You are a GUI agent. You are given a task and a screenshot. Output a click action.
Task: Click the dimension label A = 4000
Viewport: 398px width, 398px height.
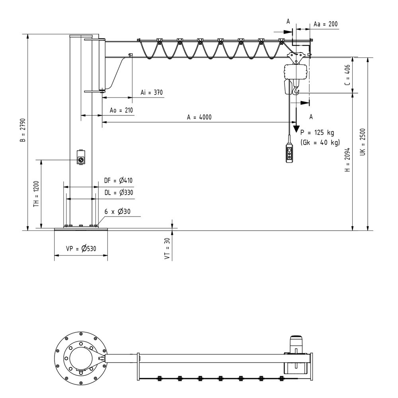pyautogui.click(x=199, y=117)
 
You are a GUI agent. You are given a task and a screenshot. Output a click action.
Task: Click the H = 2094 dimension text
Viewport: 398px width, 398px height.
pyautogui.click(x=347, y=160)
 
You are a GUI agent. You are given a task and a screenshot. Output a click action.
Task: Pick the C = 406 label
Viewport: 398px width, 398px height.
pyautogui.click(x=347, y=75)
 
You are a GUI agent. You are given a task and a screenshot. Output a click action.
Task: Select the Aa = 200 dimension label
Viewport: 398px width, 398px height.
pyautogui.click(x=325, y=24)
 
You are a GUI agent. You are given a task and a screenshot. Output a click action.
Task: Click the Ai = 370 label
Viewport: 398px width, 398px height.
pyautogui.click(x=152, y=92)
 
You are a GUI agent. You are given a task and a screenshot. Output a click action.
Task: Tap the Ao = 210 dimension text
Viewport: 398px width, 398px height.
pyautogui.click(x=121, y=110)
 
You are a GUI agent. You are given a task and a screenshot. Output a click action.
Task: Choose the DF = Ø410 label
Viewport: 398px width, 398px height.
pyautogui.click(x=118, y=181)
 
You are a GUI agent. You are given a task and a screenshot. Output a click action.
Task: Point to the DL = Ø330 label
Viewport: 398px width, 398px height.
pyautogui.click(x=118, y=193)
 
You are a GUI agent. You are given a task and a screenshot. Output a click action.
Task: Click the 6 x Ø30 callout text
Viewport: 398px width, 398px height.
pyautogui.click(x=117, y=212)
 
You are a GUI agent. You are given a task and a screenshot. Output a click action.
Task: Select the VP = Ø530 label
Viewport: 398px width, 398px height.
pyautogui.click(x=81, y=249)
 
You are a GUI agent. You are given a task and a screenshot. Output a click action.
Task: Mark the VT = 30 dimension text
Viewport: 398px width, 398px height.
pyautogui.click(x=168, y=250)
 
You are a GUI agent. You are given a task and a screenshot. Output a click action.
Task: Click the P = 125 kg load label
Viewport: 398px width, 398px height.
pyautogui.click(x=317, y=133)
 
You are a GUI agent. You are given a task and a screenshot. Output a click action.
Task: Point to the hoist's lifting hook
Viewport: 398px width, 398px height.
pyautogui.click(x=295, y=92)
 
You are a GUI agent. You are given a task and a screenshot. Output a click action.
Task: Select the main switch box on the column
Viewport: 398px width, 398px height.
pyautogui.click(x=81, y=157)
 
